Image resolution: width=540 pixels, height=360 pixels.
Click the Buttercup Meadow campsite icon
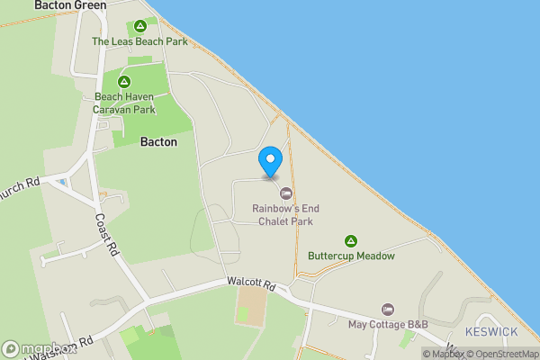[351, 241]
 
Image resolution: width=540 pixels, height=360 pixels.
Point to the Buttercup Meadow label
[351, 256]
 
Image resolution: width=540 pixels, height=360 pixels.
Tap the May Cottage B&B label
[388, 324]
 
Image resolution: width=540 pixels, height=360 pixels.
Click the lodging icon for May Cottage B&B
[388, 309]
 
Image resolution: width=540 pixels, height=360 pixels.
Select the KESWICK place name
[491, 332]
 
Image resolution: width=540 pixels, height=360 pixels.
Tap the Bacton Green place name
[70, 5]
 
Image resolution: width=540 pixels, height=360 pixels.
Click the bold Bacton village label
[158, 142]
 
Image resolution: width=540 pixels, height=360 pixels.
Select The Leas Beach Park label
[139, 41]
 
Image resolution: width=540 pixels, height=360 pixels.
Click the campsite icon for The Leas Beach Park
[139, 26]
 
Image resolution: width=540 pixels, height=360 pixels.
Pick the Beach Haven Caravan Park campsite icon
[124, 82]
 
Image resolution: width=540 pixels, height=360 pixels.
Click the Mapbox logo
[36, 349]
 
